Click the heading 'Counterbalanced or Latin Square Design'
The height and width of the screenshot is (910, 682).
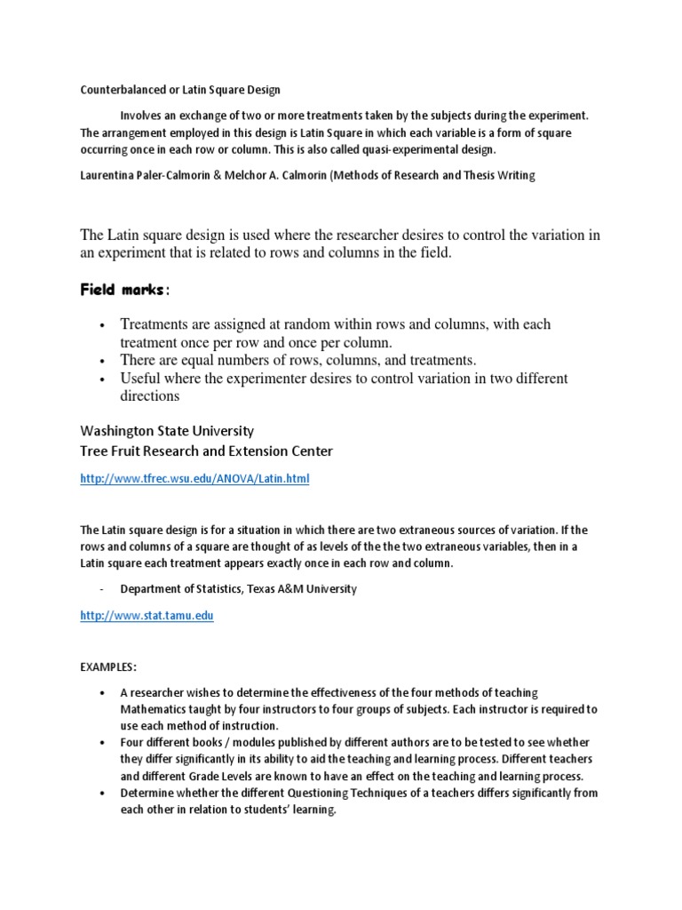[x=180, y=90]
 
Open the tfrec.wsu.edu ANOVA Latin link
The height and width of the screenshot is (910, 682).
[x=194, y=478]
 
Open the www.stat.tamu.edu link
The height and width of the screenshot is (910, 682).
[x=147, y=615]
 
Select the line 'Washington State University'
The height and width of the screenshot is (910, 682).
[x=167, y=430]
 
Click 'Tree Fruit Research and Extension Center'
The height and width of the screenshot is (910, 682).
[x=206, y=451]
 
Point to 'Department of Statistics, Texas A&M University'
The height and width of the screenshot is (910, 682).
[x=239, y=588]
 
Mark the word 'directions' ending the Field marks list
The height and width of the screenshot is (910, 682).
[x=150, y=396]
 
